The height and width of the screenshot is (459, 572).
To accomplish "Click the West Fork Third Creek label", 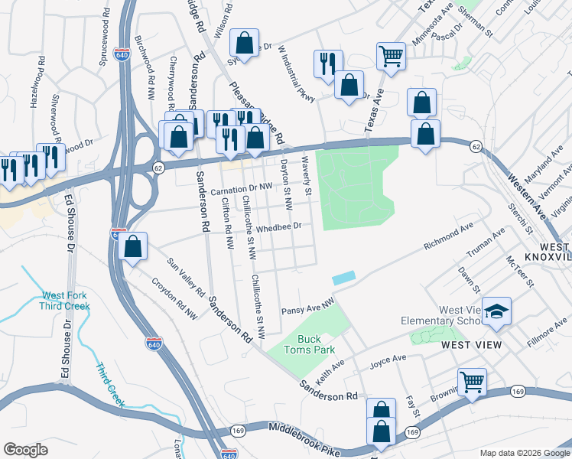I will pyautogui.click(x=65, y=301).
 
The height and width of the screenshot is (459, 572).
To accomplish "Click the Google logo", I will pyautogui.click(x=25, y=449).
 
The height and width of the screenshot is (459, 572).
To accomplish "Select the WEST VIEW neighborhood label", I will pyautogui.click(x=472, y=345).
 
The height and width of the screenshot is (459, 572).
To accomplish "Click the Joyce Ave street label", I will pyautogui.click(x=388, y=359).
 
